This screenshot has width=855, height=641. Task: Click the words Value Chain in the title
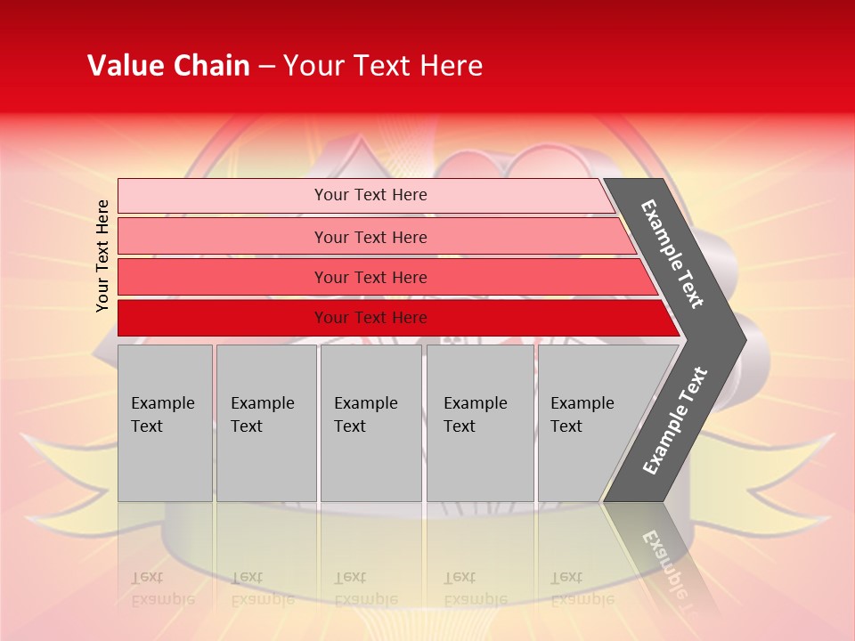(x=168, y=66)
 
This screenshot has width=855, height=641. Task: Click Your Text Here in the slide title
(x=383, y=66)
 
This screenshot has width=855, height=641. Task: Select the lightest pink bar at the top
(x=223, y=196)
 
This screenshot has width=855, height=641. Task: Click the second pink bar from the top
(x=223, y=237)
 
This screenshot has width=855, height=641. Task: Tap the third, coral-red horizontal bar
(x=223, y=277)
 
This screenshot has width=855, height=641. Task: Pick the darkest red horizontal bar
(x=223, y=318)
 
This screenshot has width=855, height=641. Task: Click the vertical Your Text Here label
(x=102, y=256)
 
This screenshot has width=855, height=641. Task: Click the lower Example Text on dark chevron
(x=675, y=420)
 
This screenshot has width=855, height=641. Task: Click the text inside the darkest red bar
(x=370, y=318)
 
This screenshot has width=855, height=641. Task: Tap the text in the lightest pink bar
(x=370, y=195)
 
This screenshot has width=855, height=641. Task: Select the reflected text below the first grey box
(x=163, y=588)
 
